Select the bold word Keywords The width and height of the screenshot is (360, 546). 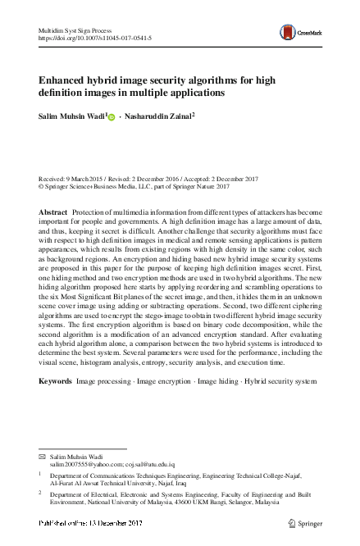[55, 383]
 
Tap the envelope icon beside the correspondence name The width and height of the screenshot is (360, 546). [43, 456]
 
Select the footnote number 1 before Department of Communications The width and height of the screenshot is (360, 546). [41, 473]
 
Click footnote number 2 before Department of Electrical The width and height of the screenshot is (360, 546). [41, 494]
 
